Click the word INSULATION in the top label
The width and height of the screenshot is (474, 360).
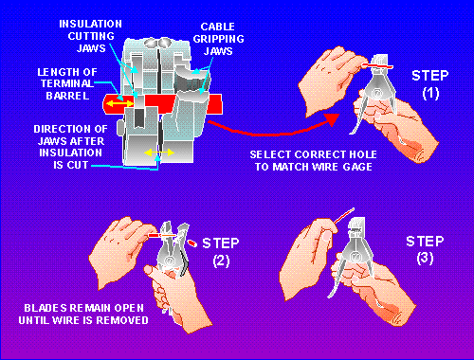point(90,24)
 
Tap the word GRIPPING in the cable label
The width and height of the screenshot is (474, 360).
point(218,39)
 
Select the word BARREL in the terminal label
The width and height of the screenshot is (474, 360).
point(67,96)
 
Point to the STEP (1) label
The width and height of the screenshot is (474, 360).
point(430,84)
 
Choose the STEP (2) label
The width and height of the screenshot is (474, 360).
point(221,252)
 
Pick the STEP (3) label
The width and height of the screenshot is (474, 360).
point(425,249)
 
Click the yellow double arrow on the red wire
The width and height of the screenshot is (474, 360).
point(121,103)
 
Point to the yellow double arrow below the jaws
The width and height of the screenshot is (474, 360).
point(159,153)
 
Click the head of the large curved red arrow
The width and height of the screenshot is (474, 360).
point(332,119)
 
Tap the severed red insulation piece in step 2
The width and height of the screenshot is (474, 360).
point(191,243)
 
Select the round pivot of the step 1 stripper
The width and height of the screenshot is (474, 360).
point(376,93)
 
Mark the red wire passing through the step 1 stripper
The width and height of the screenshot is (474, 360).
point(377,65)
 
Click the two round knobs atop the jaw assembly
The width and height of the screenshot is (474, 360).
point(157,43)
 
